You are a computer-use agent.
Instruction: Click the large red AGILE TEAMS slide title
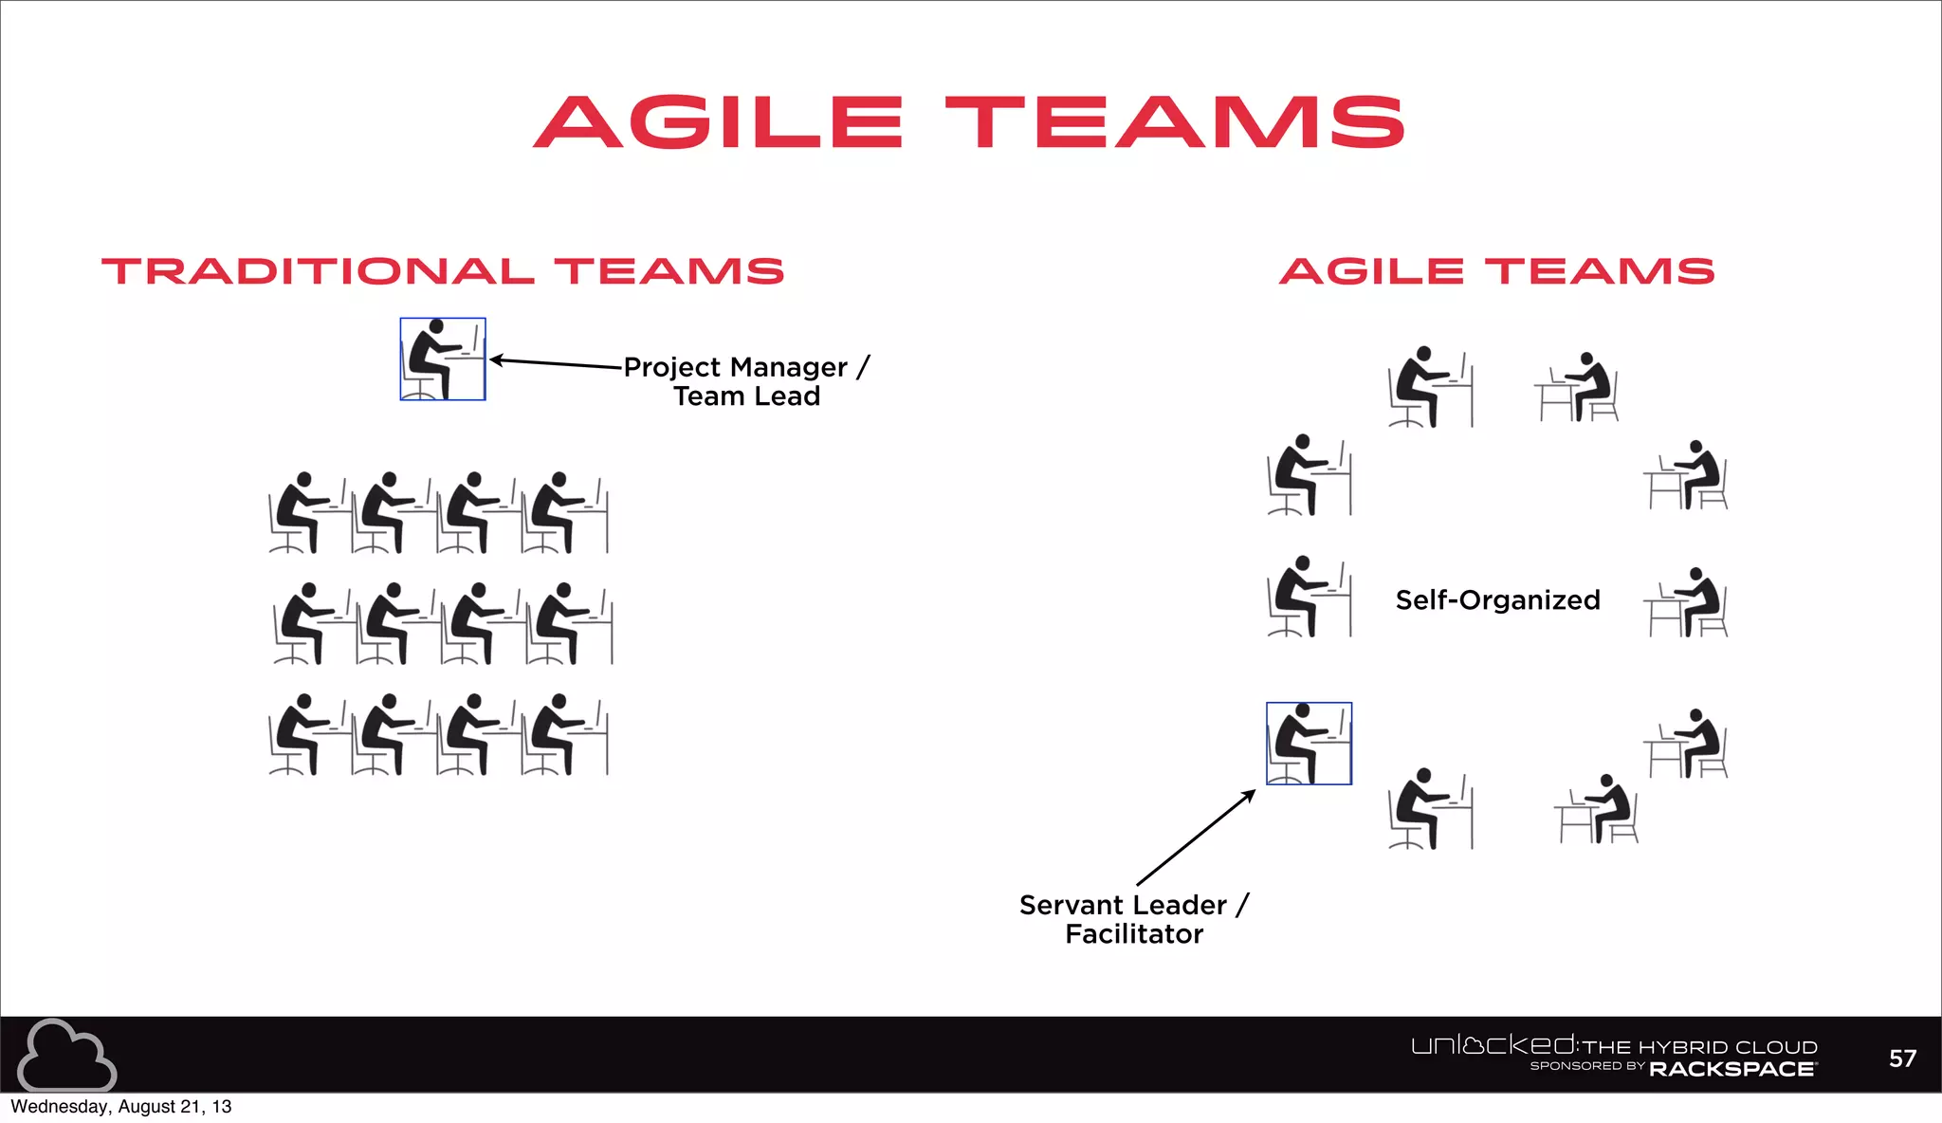click(969, 122)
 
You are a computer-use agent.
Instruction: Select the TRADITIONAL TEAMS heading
click(443, 271)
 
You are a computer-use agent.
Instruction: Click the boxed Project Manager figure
click(442, 359)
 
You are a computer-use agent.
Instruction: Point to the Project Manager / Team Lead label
click(746, 381)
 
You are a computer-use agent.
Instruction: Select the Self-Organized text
click(1497, 600)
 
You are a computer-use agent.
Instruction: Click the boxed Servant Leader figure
click(1309, 744)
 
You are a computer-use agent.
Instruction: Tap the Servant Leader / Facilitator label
click(1134, 919)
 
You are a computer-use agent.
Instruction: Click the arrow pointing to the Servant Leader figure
click(1196, 838)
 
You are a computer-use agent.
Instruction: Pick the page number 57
click(1902, 1059)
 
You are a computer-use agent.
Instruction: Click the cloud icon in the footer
click(66, 1055)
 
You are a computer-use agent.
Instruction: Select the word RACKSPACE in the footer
click(1732, 1070)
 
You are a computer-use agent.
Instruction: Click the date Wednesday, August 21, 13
click(121, 1107)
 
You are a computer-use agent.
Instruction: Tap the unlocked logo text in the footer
click(1493, 1045)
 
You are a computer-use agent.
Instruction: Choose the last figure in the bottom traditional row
click(566, 735)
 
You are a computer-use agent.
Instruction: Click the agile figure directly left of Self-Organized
click(1309, 597)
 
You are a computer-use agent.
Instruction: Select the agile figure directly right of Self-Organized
click(1688, 602)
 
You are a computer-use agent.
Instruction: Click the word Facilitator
click(1134, 934)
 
